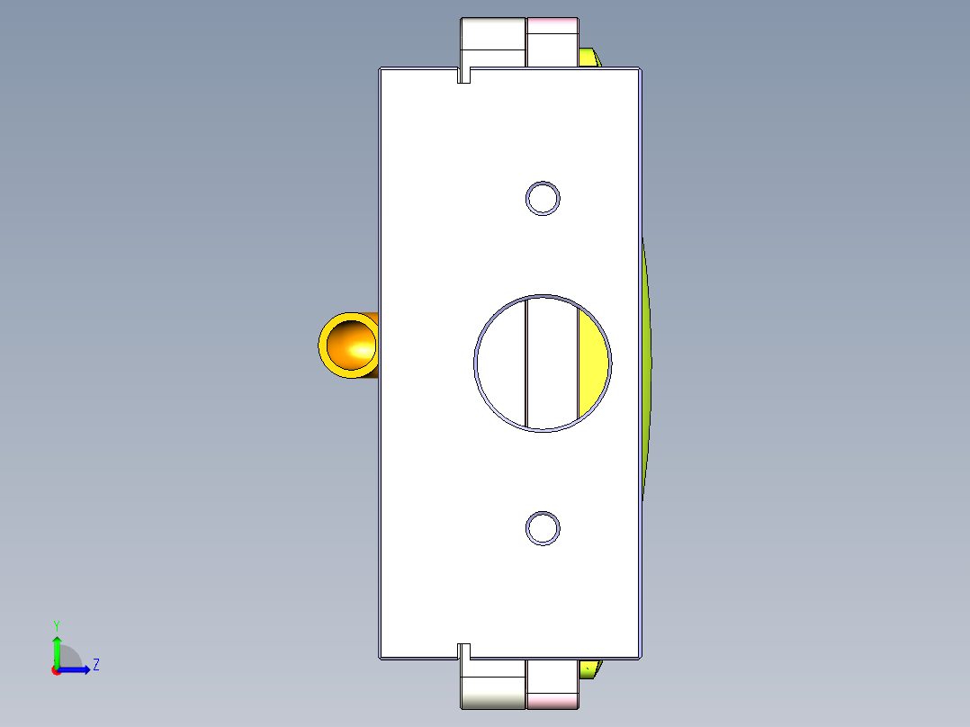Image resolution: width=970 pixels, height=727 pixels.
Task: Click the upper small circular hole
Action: pos(543,198)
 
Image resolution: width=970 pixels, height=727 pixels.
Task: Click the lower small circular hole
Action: pos(543,528)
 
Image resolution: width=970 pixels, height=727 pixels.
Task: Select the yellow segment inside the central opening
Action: pos(592,362)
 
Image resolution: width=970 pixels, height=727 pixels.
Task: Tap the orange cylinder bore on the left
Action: pos(350,344)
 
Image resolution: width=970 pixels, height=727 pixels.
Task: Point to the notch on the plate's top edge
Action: pos(464,75)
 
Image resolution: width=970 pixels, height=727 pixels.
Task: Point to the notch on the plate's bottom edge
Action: pos(464,651)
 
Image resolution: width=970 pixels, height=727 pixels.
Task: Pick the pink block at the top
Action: pos(552,42)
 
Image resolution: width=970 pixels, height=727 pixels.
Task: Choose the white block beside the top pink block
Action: pos(493,42)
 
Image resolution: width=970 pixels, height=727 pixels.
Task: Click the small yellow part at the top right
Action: pos(588,58)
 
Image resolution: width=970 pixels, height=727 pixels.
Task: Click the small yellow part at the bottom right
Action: pos(588,669)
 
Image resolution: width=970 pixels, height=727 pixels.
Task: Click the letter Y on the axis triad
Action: pos(57,624)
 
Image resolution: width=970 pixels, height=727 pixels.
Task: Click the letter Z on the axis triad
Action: pos(95,665)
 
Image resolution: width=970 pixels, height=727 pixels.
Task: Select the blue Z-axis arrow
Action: pos(76,669)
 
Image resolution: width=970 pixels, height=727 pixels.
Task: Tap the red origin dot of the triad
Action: pos(57,670)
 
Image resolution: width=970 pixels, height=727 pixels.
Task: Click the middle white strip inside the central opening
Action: pos(551,362)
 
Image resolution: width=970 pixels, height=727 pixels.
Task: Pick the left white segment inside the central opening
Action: pos(500,362)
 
